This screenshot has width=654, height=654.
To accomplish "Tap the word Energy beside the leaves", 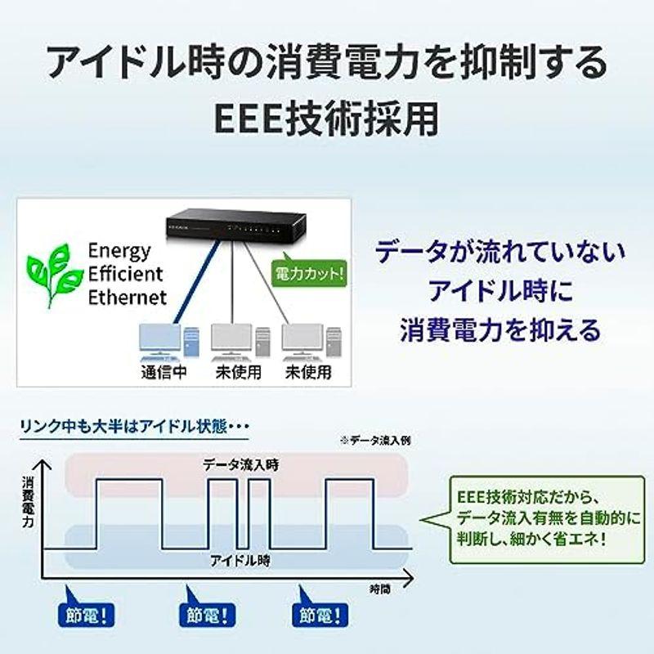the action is click(119, 251).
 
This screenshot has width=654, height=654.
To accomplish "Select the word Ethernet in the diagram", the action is click(128, 298).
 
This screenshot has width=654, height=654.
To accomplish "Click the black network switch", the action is click(236, 225).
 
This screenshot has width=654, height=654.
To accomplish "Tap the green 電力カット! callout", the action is click(309, 273).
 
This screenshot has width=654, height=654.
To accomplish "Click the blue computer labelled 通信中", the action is click(168, 343).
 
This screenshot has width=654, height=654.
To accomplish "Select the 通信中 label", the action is click(164, 372).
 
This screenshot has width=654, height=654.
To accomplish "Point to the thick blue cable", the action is click(196, 282).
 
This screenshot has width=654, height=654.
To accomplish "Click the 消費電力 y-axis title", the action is click(29, 502).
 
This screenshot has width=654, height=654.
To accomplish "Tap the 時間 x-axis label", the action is click(380, 589).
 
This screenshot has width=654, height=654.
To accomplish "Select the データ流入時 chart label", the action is click(240, 464).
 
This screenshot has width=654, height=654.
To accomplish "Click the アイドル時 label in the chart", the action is click(240, 560).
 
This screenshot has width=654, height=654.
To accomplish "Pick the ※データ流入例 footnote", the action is click(375, 441).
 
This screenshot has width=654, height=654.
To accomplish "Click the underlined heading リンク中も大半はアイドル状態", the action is click(124, 427).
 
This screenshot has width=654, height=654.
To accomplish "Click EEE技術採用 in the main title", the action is click(326, 119).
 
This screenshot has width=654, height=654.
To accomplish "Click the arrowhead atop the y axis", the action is click(43, 464).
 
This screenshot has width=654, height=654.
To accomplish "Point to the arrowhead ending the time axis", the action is click(409, 578).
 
